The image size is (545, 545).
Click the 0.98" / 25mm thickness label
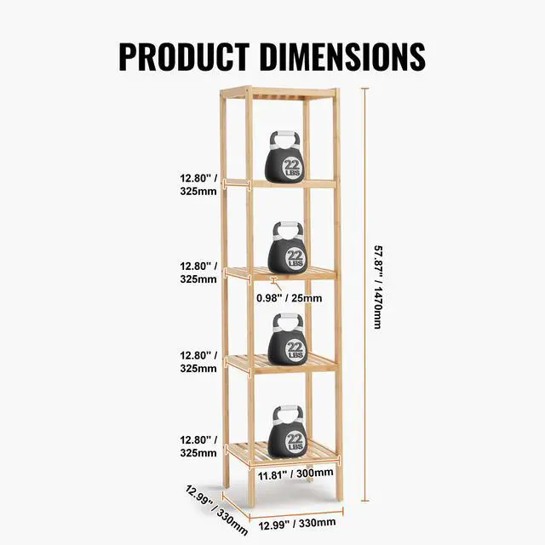[x=290, y=298]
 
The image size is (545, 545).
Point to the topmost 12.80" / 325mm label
[x=198, y=185]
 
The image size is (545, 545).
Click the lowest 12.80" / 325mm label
[x=198, y=446]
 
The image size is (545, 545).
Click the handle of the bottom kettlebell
[x=287, y=412]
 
